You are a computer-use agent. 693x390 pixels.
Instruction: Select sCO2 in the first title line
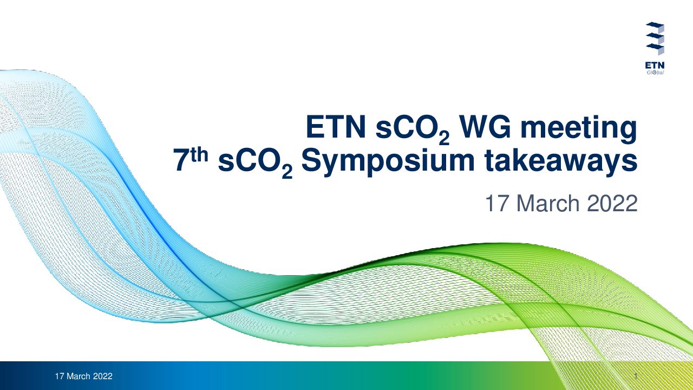[413, 129]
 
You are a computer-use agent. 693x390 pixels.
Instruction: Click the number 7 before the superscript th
[181, 160]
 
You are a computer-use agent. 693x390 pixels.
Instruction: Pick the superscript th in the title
[199, 155]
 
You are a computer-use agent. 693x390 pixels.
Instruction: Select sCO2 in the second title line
[255, 163]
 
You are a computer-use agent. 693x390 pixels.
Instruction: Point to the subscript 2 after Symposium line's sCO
[287, 173]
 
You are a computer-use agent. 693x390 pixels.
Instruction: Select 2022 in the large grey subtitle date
[612, 203]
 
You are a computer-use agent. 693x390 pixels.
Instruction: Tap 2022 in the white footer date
[103, 376]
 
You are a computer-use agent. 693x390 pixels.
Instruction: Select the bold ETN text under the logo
[655, 66]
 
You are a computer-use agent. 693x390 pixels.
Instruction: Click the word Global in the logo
[655, 73]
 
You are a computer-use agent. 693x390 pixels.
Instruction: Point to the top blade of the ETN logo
[655, 25]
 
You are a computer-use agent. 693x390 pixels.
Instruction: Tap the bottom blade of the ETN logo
[655, 48]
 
